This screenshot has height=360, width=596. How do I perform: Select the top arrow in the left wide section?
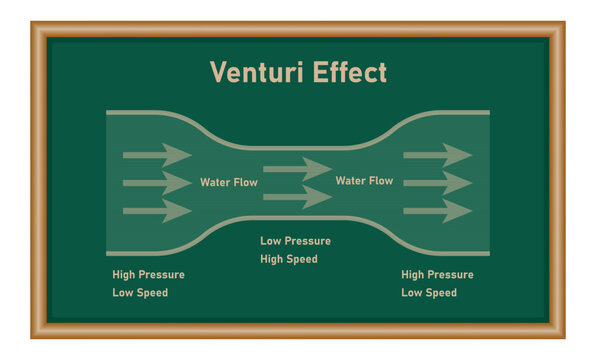click(157, 155)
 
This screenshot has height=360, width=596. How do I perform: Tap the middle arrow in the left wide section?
click(157, 183)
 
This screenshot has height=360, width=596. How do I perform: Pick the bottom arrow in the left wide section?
click(157, 210)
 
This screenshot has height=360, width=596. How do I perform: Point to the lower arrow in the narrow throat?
click(297, 196)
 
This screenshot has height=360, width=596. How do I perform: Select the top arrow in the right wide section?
click(437, 155)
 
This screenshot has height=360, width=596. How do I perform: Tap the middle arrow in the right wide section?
click(437, 183)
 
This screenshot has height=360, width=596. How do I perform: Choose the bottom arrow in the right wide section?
click(437, 210)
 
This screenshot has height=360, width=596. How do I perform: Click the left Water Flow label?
click(228, 183)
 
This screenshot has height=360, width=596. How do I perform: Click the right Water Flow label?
click(364, 181)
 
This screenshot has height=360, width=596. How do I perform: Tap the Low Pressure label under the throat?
click(295, 241)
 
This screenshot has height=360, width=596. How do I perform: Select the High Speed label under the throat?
click(289, 259)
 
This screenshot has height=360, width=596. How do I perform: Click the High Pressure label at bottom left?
click(149, 275)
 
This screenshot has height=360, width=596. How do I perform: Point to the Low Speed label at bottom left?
click(140, 293)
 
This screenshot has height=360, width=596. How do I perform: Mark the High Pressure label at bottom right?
click(437, 275)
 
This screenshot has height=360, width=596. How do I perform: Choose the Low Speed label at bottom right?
click(429, 293)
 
